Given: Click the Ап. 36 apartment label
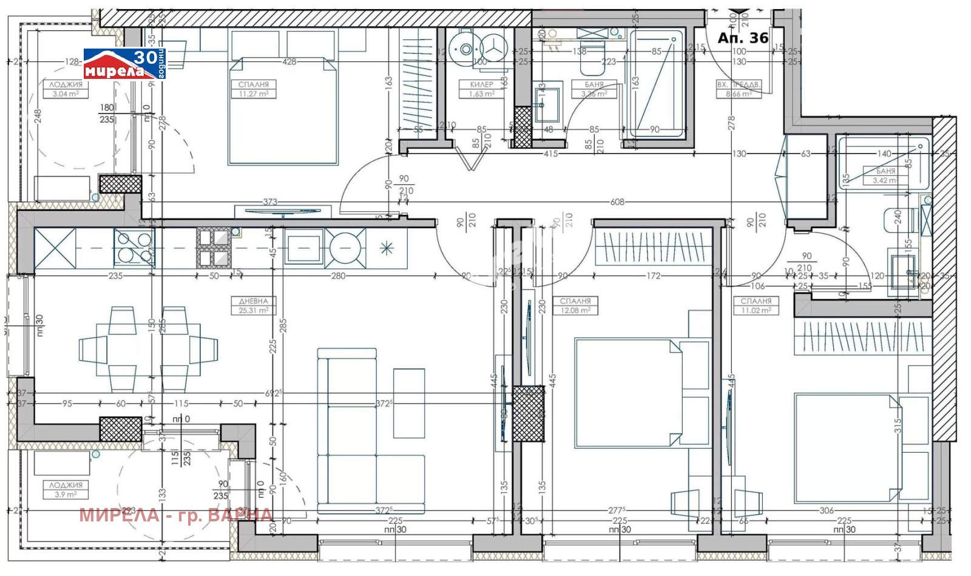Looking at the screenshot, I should (743, 38).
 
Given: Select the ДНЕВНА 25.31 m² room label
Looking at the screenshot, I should (254, 305).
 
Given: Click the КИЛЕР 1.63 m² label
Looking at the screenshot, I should (481, 89).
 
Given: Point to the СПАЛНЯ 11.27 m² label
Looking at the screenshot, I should (253, 89).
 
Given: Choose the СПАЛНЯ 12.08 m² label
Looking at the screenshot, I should (575, 305).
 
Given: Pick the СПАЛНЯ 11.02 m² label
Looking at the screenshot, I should (756, 305).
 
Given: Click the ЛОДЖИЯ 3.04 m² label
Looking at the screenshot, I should (66, 89).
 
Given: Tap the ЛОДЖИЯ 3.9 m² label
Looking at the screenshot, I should (66, 489).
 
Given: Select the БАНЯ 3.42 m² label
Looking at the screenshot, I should (885, 176).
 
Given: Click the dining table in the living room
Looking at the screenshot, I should (148, 350).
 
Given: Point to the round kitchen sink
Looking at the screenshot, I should (345, 248).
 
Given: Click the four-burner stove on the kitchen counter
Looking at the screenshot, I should (134, 248).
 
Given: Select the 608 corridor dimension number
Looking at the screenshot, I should (617, 202).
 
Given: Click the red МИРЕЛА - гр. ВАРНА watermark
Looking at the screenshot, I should (176, 515).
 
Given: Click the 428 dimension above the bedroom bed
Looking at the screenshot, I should (289, 61).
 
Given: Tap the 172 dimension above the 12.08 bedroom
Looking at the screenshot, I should (653, 276).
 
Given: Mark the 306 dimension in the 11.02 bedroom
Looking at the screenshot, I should (827, 511).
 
